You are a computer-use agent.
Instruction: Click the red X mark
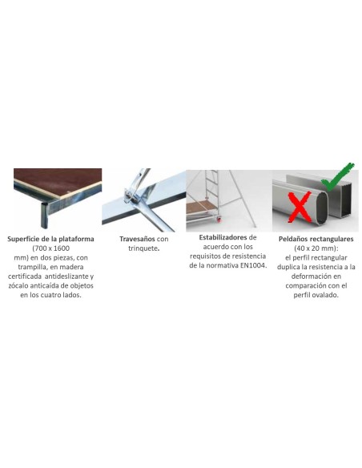click(300, 207)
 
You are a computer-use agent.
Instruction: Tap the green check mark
click(337, 176)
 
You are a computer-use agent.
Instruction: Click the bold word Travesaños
click(137, 239)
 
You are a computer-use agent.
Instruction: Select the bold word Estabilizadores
click(223, 237)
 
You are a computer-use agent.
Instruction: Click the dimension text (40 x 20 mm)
click(316, 248)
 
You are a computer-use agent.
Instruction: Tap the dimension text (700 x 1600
click(50, 248)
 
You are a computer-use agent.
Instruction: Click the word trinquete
click(143, 248)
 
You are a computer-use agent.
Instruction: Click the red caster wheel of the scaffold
click(219, 220)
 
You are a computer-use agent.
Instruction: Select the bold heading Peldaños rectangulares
click(316, 239)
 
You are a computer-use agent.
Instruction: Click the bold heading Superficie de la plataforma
click(50, 239)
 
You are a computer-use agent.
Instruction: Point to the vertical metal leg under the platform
click(44, 216)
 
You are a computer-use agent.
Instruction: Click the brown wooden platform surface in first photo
click(58, 180)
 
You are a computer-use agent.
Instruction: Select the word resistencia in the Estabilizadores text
click(251, 256)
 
